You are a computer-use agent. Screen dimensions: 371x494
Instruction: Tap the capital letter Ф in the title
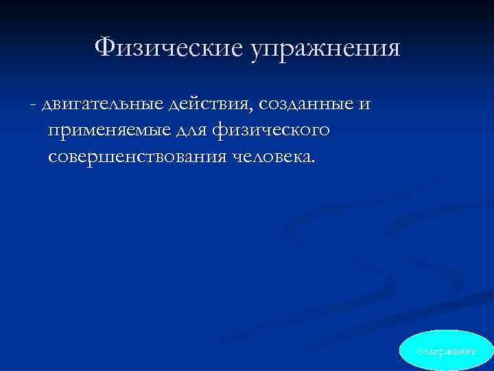[105, 47]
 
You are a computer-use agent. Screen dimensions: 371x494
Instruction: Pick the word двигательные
[102, 105]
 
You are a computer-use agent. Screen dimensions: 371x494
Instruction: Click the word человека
[270, 157]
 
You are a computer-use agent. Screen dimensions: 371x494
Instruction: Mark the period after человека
[314, 162]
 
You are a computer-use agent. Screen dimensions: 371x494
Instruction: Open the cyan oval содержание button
[445, 350]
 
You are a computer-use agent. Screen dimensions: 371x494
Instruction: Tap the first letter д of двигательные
[47, 106]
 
